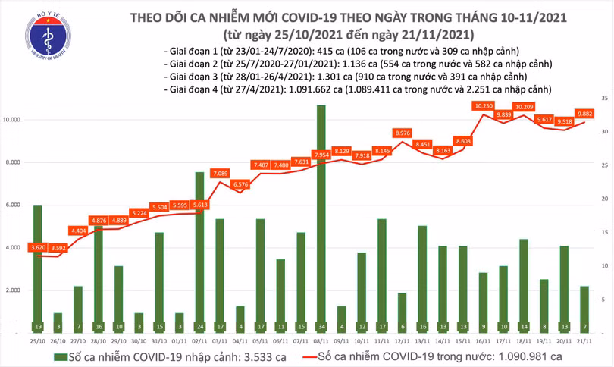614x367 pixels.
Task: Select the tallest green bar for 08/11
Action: point(321,220)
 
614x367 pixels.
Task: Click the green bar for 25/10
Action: point(37,265)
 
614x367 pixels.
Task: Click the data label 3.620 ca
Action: point(38,247)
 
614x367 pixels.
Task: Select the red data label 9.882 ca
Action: point(584,114)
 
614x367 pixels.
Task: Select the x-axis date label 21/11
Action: point(584,341)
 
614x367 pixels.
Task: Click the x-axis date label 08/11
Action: point(321,341)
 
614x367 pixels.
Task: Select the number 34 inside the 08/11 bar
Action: point(321,327)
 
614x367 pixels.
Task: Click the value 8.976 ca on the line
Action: point(403,133)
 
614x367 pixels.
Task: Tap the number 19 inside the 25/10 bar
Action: point(37,327)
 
